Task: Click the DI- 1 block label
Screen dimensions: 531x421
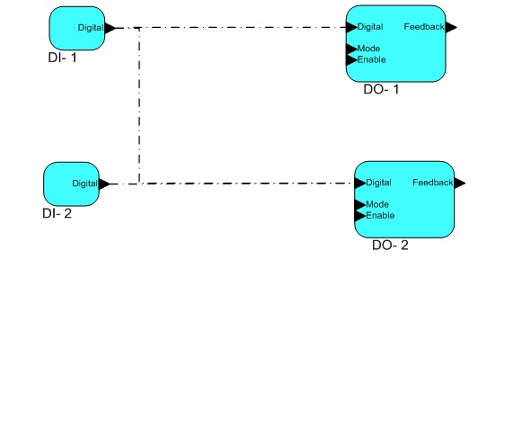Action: click(63, 58)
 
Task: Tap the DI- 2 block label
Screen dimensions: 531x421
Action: click(57, 213)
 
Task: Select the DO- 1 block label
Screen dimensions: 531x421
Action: click(381, 89)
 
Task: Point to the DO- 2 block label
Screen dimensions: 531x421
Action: click(390, 245)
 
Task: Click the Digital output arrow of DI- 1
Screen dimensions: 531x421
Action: click(111, 28)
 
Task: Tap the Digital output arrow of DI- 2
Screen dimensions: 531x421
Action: click(104, 184)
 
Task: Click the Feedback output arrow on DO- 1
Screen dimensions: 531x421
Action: click(451, 27)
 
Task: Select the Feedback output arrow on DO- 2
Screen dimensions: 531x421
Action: click(460, 183)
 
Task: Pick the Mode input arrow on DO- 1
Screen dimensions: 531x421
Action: click(351, 49)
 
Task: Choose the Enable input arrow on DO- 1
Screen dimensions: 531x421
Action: click(351, 60)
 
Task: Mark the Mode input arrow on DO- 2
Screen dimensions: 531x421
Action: click(360, 205)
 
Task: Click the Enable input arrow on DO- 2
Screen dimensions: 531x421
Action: click(360, 216)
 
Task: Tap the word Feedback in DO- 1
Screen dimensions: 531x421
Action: click(424, 27)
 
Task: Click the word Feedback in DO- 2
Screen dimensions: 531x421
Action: click(432, 183)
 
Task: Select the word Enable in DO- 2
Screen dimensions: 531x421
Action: click(380, 216)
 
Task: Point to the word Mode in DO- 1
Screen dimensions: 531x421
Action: click(368, 49)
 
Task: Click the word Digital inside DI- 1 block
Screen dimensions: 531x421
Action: click(91, 28)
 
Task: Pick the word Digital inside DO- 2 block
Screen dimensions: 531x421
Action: click(378, 183)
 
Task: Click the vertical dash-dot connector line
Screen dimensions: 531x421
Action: click(139, 105)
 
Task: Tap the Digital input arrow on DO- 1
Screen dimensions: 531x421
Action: click(351, 27)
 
